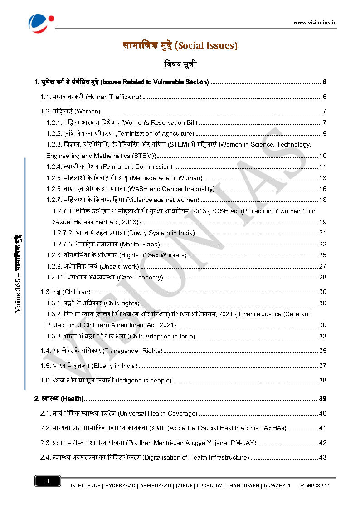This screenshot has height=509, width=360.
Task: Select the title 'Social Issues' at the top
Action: [x=180, y=45]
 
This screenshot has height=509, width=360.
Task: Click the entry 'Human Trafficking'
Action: [x=113, y=97]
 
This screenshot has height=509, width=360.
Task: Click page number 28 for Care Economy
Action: [x=322, y=277]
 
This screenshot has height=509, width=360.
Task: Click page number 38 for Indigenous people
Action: [x=322, y=380]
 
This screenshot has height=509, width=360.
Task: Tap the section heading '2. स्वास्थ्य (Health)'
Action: [x=59, y=399]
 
